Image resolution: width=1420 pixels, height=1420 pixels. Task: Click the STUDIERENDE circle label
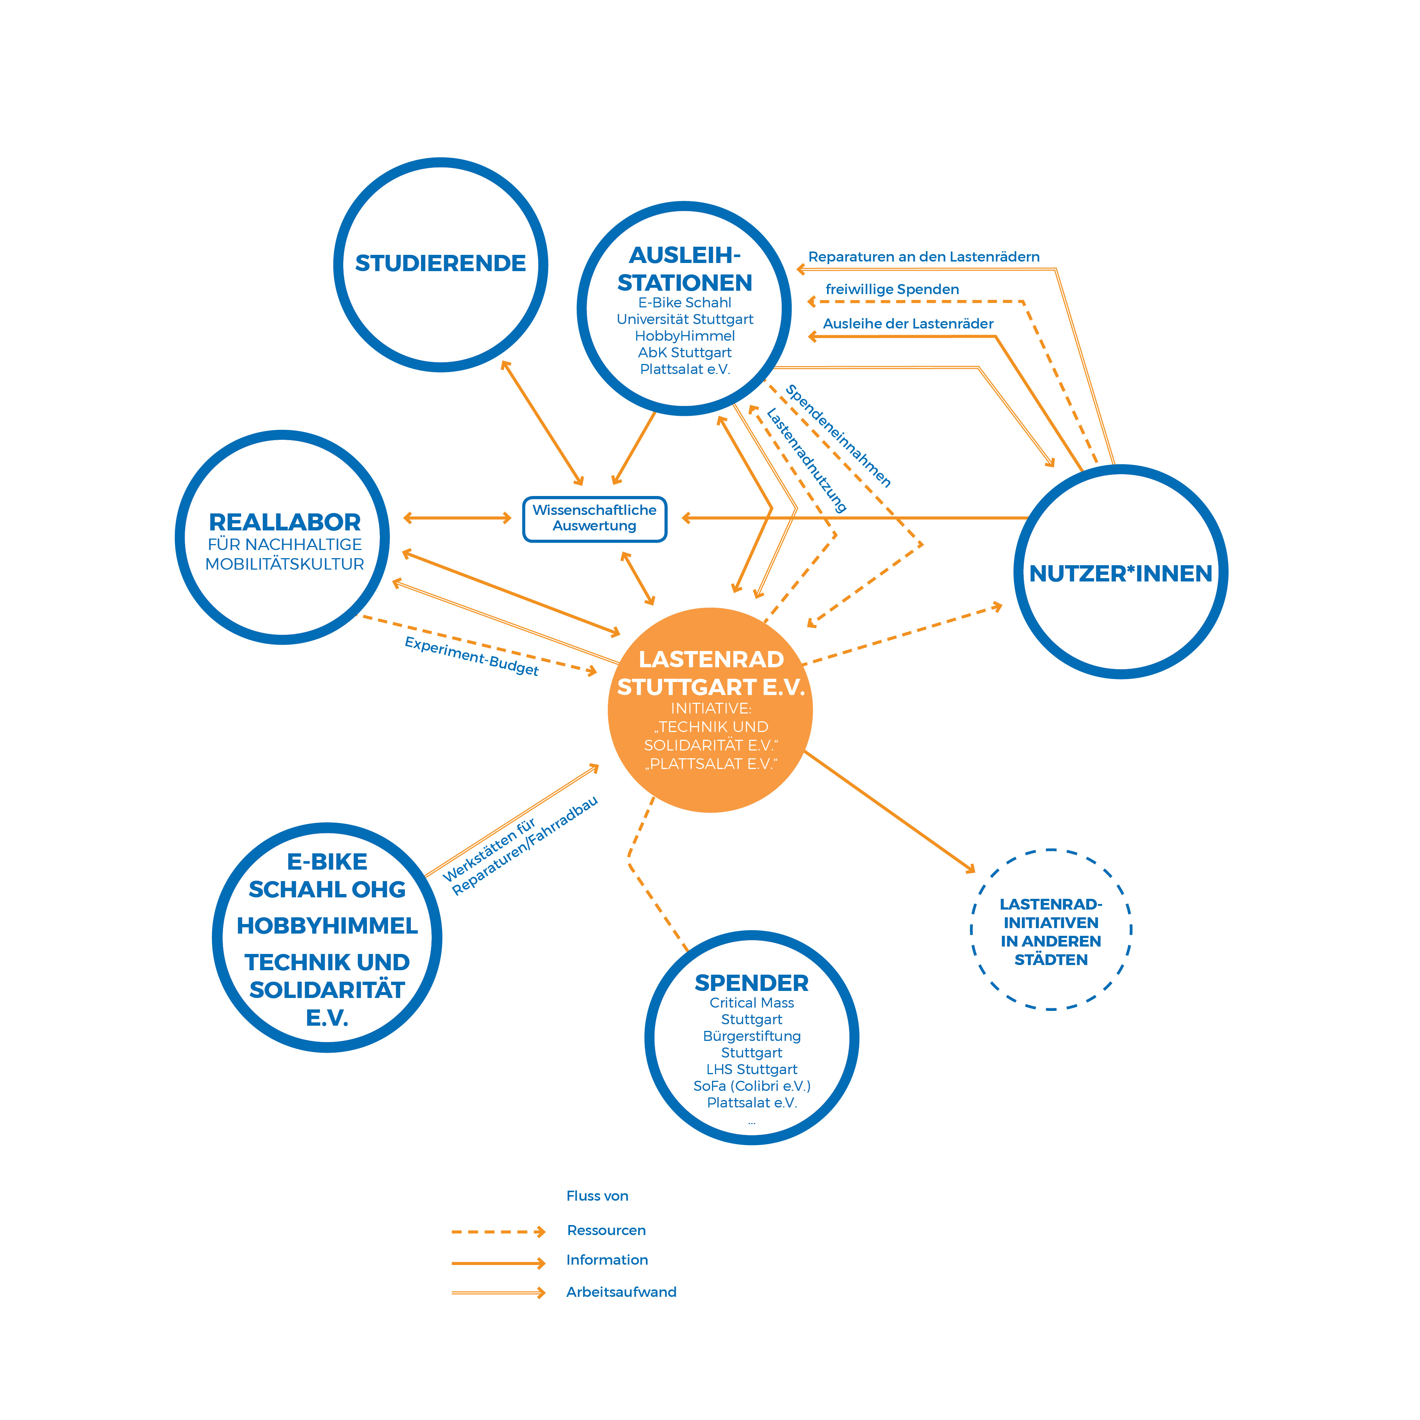(440, 263)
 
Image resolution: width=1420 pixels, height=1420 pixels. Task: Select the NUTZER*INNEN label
(1120, 573)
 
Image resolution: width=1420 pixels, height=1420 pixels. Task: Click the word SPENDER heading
(751, 983)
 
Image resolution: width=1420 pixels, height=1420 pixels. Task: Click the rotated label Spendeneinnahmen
(838, 436)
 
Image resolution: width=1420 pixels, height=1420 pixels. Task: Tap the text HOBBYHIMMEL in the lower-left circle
(327, 925)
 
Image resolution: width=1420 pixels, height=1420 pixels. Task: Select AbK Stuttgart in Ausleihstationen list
(684, 352)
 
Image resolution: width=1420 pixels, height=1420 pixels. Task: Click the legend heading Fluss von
(597, 1196)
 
